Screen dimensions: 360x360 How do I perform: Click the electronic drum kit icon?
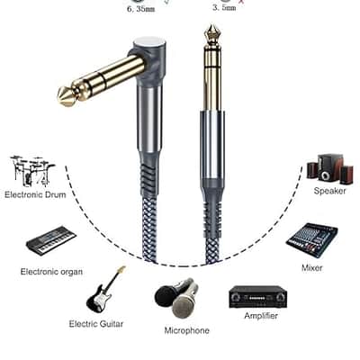(32, 171)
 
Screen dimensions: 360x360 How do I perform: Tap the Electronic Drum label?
(35, 194)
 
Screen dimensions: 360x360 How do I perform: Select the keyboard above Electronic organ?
(51, 240)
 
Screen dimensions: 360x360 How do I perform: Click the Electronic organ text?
(51, 272)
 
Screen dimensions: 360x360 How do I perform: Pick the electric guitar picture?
(105, 290)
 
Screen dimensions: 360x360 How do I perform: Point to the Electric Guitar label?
(96, 324)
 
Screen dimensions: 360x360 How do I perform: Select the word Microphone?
(187, 330)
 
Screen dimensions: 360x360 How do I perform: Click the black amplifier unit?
(258, 297)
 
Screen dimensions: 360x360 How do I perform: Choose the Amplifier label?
(261, 316)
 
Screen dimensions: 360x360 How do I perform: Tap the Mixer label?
(312, 268)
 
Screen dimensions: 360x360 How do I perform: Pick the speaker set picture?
(329, 167)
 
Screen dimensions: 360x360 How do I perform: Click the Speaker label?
(330, 191)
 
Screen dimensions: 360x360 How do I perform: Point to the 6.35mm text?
(141, 9)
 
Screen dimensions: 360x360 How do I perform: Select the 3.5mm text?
(224, 8)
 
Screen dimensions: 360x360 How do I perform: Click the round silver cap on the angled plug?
(148, 44)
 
